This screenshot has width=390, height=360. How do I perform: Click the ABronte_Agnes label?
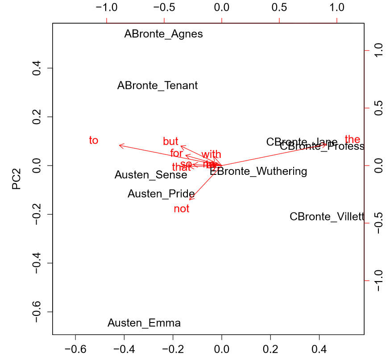tap(163, 34)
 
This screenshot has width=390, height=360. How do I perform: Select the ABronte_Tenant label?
tap(158, 86)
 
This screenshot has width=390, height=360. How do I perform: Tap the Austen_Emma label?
tap(144, 323)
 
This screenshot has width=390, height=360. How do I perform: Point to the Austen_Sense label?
tap(151, 175)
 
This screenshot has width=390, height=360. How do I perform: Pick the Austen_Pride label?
tap(161, 194)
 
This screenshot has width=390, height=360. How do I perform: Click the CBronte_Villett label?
tap(327, 217)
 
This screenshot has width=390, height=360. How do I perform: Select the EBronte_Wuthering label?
tap(259, 171)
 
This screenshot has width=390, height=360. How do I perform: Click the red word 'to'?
tap(93, 141)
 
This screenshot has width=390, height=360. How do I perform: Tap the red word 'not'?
tap(182, 209)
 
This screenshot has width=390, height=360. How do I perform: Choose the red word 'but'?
tap(170, 142)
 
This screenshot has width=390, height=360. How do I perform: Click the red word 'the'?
tap(352, 139)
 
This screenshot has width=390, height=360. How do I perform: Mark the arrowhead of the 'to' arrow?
tap(120, 145)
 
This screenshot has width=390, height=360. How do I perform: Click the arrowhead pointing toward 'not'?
tap(190, 199)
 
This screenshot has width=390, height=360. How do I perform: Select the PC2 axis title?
tap(17, 178)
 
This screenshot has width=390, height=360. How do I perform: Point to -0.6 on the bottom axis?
tap(75, 349)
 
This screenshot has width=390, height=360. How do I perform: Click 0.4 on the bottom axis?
tap(319, 349)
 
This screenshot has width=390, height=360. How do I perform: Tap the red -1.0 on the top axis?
tap(107, 8)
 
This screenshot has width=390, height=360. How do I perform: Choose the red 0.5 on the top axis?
tap(279, 8)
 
